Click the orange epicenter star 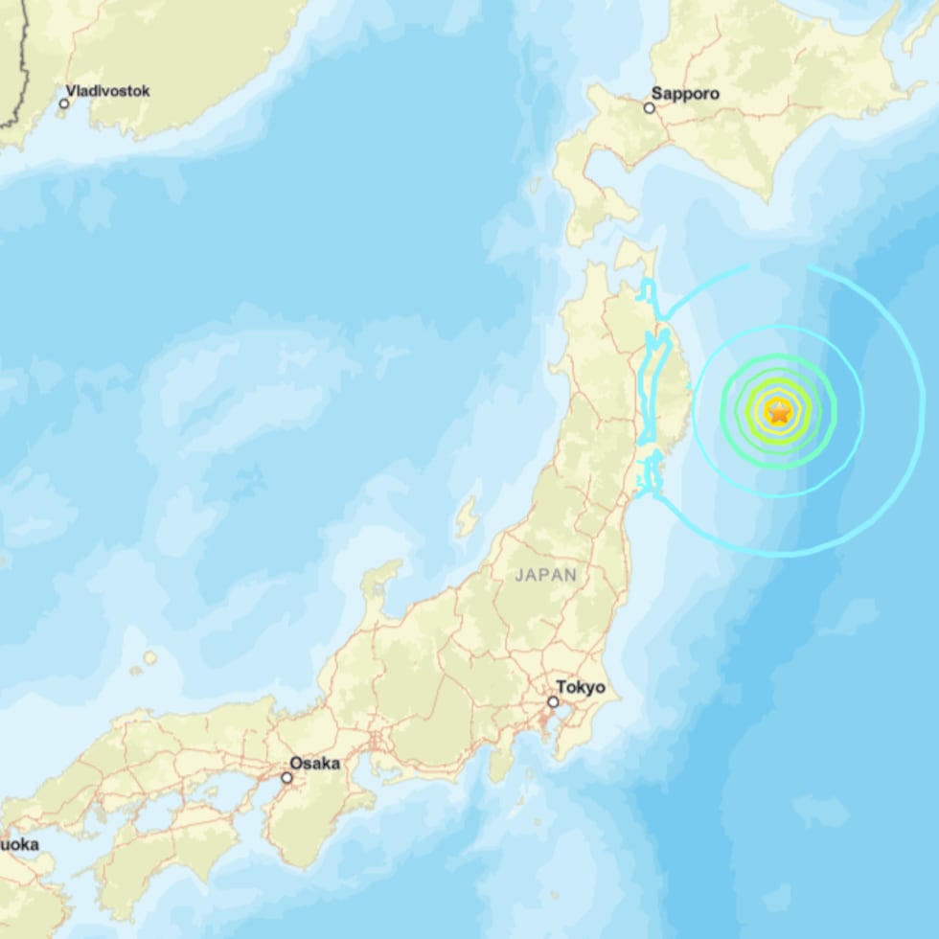pyautogui.click(x=779, y=412)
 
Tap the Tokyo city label pyautogui.click(x=581, y=687)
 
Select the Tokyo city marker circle pyautogui.click(x=553, y=702)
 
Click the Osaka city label pyautogui.click(x=314, y=764)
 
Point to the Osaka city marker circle pyautogui.click(x=286, y=777)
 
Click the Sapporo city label pyautogui.click(x=685, y=94)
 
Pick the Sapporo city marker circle pyautogui.click(x=649, y=107)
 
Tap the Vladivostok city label pyautogui.click(x=107, y=91)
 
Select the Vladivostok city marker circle pyautogui.click(x=64, y=103)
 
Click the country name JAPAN pyautogui.click(x=546, y=575)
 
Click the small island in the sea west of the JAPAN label pyautogui.click(x=467, y=517)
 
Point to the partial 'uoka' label pyautogui.click(x=19, y=844)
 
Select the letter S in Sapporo pyautogui.click(x=656, y=94)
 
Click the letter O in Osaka pyautogui.click(x=295, y=764)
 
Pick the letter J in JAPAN pyautogui.click(x=519, y=575)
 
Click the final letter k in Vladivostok pyautogui.click(x=146, y=91)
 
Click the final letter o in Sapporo pyautogui.click(x=714, y=94)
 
